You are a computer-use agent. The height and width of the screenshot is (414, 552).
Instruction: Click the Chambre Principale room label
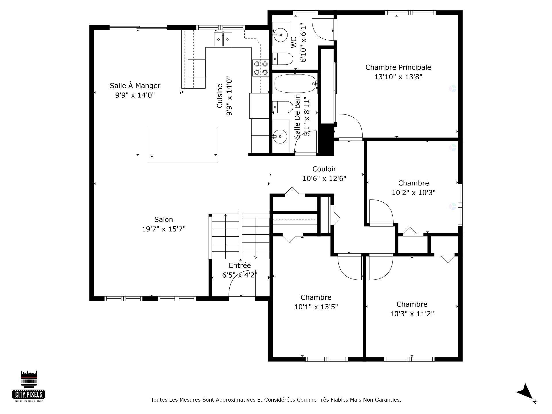coord(398,67)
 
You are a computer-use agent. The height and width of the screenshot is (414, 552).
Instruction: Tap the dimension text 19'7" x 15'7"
coord(164,229)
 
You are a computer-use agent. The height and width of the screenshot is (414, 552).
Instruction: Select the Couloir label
coord(324,169)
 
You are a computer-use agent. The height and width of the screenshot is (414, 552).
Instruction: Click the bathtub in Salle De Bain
coord(295,84)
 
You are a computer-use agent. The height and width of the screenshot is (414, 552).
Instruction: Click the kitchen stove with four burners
coord(260,68)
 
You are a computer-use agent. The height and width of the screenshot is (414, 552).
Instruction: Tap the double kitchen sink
coord(223,39)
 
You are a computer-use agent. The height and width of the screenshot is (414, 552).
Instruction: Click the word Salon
coord(164,220)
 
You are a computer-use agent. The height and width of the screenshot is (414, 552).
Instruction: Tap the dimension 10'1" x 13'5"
coord(316,307)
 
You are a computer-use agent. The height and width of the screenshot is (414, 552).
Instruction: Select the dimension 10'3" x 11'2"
coord(412,314)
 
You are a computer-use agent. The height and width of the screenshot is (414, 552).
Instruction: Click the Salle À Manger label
coord(135,86)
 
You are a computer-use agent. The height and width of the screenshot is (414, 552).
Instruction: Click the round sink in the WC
coord(280,35)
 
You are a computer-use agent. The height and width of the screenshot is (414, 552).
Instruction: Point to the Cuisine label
coord(220,96)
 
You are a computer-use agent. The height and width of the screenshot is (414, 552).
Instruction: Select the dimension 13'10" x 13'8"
coord(398,77)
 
